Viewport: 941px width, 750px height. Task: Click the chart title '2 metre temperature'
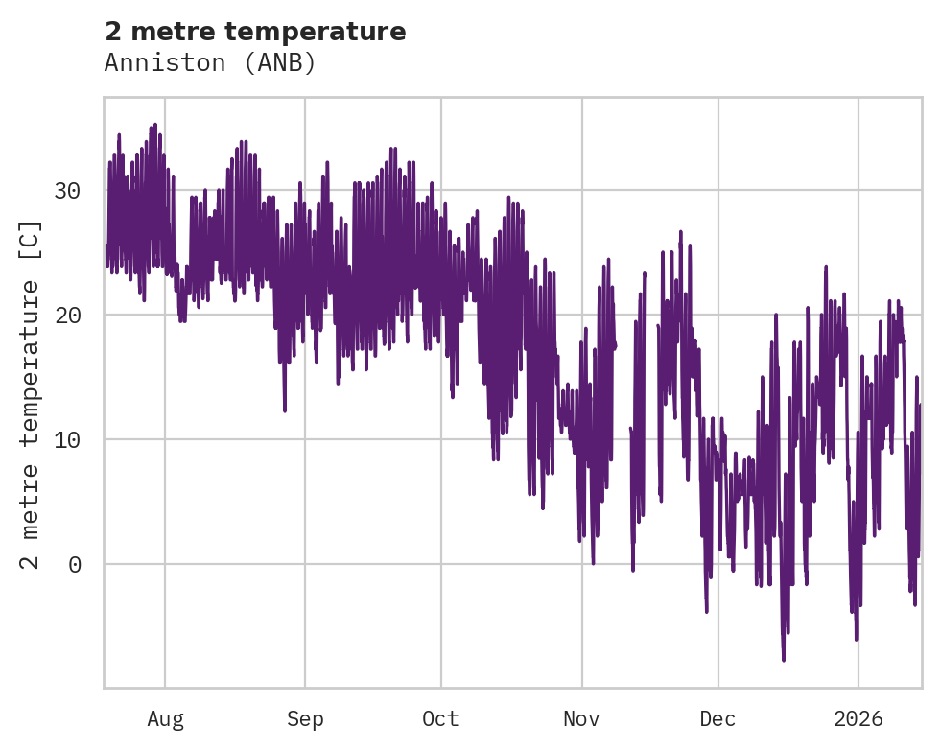pyautogui.click(x=255, y=32)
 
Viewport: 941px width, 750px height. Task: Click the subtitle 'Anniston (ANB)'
pyautogui.click(x=210, y=63)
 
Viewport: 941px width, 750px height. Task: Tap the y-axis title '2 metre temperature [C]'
pyautogui.click(x=32, y=394)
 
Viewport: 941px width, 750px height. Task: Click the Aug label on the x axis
pyautogui.click(x=165, y=719)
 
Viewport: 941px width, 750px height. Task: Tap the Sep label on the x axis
pyautogui.click(x=305, y=719)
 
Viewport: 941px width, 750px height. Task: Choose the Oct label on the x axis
pyautogui.click(x=441, y=719)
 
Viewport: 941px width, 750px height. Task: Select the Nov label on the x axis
pyautogui.click(x=581, y=719)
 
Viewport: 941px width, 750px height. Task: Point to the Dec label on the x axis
pyautogui.click(x=718, y=719)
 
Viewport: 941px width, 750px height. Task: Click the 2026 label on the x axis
pyautogui.click(x=858, y=719)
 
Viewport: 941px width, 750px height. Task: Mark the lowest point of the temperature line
pyautogui.click(x=784, y=660)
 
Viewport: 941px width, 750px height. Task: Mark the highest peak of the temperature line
pyautogui.click(x=154, y=125)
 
